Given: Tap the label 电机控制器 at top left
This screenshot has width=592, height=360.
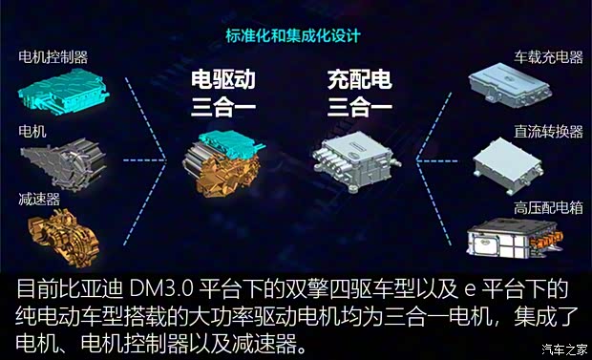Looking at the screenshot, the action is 58,57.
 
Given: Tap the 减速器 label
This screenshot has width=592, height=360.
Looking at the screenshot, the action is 39,200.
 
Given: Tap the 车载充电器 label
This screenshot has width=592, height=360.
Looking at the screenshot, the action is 548,57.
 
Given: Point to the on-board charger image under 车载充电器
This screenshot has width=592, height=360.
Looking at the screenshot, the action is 517,86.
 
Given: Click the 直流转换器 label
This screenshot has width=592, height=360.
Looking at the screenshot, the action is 548,130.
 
